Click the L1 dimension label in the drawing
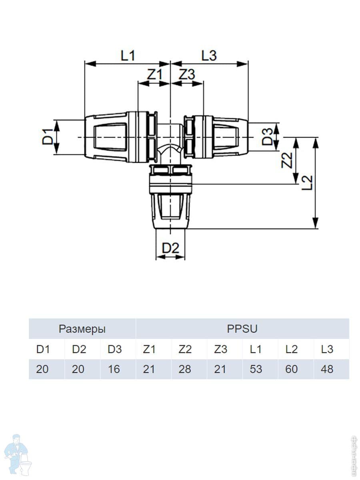click(x=128, y=56)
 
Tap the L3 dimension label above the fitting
click(x=208, y=56)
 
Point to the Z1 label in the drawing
click(x=154, y=75)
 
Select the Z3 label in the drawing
click(x=186, y=75)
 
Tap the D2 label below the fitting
click(x=170, y=248)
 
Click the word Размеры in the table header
click(x=82, y=329)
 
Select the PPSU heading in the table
click(x=242, y=329)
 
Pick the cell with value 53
click(x=256, y=369)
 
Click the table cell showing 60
click(x=291, y=369)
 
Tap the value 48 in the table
click(x=327, y=369)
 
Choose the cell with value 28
click(x=184, y=369)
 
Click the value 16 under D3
click(x=114, y=369)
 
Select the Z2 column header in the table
click(x=184, y=349)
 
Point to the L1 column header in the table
click(x=256, y=349)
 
